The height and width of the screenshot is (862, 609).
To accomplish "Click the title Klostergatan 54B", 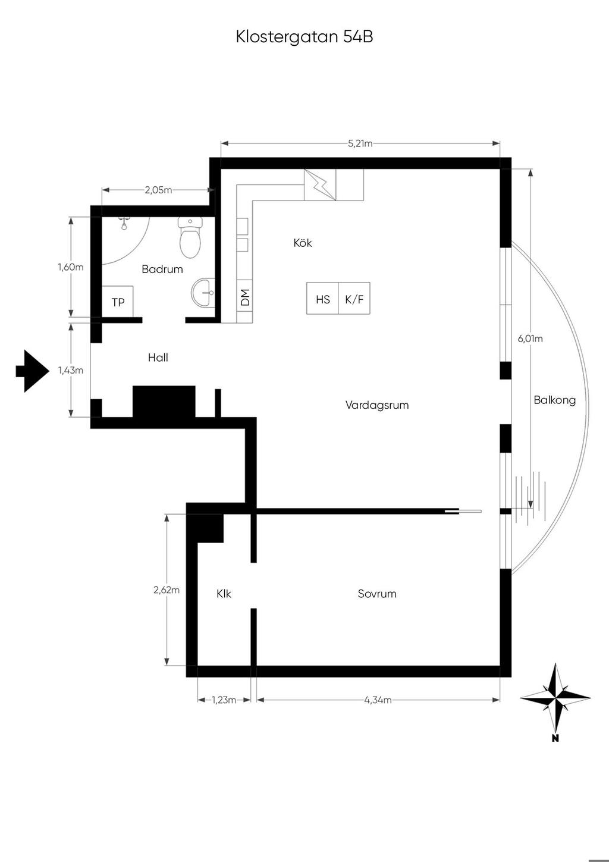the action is (x=304, y=37).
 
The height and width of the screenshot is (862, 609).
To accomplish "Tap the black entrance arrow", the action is (x=33, y=371).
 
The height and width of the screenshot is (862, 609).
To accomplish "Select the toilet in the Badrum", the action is (x=190, y=237).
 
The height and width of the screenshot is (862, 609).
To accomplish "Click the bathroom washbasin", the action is (x=203, y=293).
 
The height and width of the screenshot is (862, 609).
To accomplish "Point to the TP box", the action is (x=118, y=302).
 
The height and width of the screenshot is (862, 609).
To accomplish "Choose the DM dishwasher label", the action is (x=245, y=297).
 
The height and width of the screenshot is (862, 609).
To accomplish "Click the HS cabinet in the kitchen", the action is (x=322, y=298).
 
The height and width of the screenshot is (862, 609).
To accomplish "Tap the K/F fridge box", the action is (x=354, y=298).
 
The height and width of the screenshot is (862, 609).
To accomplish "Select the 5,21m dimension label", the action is (x=360, y=143).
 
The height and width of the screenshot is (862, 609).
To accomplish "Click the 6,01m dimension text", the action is (x=530, y=338).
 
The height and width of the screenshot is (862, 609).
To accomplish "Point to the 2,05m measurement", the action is (x=158, y=190).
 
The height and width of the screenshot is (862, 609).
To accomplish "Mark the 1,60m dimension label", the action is (x=71, y=267).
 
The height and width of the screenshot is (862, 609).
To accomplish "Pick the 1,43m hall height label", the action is (x=71, y=370).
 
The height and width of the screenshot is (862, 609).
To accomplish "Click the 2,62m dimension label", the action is (x=167, y=590).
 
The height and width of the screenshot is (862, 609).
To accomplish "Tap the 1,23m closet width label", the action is (x=224, y=700).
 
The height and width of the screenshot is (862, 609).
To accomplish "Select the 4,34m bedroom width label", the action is (x=378, y=700).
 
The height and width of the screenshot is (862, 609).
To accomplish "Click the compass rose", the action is (x=555, y=697).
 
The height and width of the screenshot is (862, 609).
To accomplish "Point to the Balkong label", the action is (x=555, y=400).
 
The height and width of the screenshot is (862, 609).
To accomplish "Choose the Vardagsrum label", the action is (x=377, y=405).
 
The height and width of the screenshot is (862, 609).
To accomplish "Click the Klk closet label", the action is (x=224, y=593).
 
